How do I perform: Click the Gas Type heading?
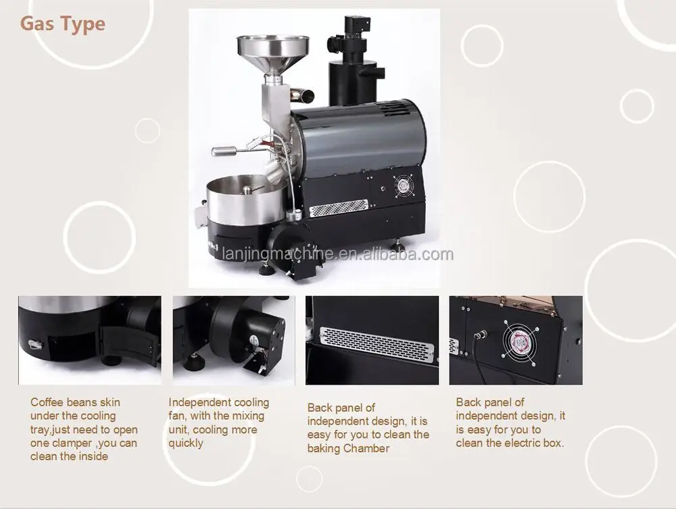coord(63,24)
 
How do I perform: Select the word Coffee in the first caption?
coord(47,402)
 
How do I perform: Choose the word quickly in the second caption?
coord(186,443)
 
